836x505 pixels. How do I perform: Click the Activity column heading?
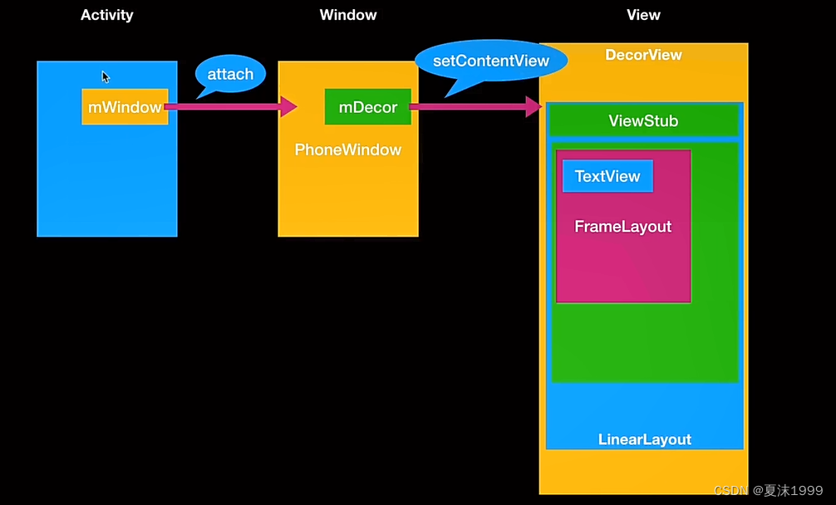point(106,15)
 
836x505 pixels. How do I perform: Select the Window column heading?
point(347,15)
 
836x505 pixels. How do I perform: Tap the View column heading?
point(643,15)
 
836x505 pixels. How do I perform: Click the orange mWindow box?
point(125,107)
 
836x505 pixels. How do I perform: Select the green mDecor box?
point(367,107)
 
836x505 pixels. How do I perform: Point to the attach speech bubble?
point(230,74)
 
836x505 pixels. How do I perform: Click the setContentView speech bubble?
point(491,61)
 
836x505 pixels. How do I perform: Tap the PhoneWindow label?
point(347,150)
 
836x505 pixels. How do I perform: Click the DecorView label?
point(643,55)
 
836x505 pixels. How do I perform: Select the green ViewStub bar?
point(643,121)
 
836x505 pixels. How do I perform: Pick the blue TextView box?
point(607,176)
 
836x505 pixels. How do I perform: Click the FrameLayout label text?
point(622,227)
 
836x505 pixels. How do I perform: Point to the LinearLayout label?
point(644,439)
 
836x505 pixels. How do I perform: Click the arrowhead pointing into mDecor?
point(289,106)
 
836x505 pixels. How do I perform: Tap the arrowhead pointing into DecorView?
point(534,106)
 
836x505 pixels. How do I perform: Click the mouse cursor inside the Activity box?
point(106,77)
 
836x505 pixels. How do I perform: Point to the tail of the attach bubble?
point(203,94)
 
